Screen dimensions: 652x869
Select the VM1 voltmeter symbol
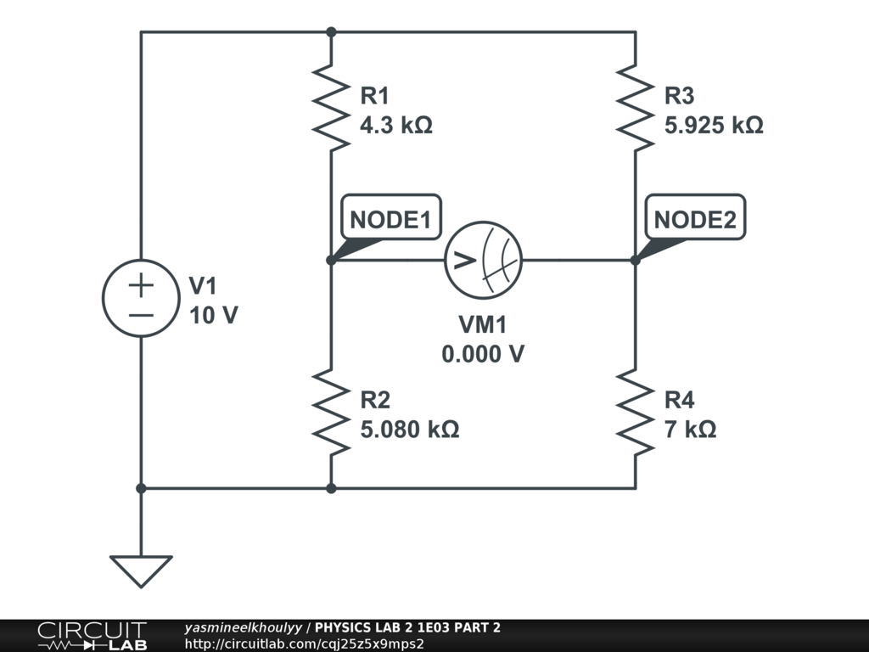(484, 260)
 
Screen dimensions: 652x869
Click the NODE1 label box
(390, 220)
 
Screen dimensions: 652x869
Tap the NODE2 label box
(695, 220)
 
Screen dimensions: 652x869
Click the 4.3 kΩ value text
(396, 126)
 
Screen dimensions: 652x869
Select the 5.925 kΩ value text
(714, 126)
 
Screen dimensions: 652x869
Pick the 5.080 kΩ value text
(410, 430)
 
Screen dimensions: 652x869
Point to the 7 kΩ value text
(691, 430)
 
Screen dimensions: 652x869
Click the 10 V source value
(213, 316)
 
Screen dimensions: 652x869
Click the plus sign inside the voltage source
(141, 284)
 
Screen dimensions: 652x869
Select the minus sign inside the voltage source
(141, 315)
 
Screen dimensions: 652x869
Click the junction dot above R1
(331, 32)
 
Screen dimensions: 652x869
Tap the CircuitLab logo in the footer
(91, 636)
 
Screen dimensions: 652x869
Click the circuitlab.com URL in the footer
(304, 643)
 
